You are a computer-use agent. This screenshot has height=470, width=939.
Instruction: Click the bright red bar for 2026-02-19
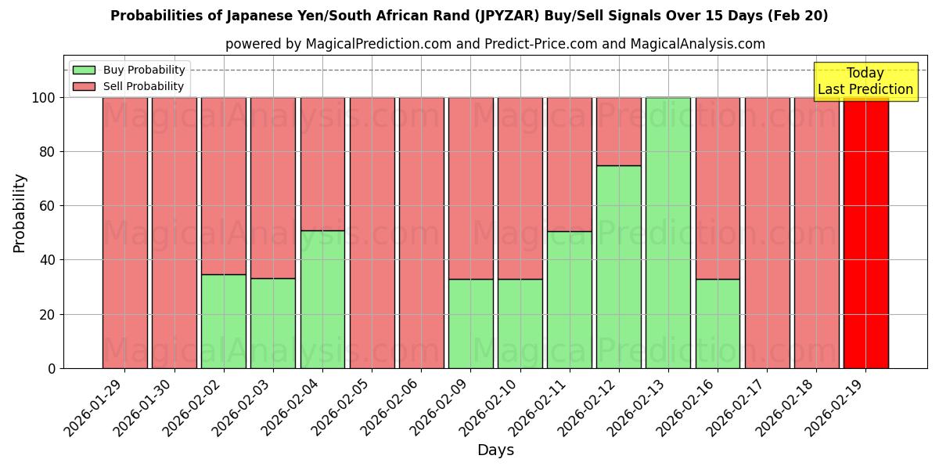point(865,233)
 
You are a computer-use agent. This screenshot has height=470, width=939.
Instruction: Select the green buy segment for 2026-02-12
point(618,266)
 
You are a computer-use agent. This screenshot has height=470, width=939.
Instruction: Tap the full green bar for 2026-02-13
point(667,233)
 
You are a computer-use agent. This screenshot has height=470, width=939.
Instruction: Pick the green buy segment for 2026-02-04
point(322,299)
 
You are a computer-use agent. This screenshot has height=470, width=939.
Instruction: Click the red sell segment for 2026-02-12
point(618,131)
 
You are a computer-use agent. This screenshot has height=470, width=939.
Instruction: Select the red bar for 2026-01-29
point(124,233)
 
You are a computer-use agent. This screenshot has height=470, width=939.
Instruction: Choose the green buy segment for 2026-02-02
point(223,321)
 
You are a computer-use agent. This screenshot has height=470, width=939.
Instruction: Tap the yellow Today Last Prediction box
point(865,81)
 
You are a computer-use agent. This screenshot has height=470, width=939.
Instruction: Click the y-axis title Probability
point(20,213)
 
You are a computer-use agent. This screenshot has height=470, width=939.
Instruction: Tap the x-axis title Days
point(495,450)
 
